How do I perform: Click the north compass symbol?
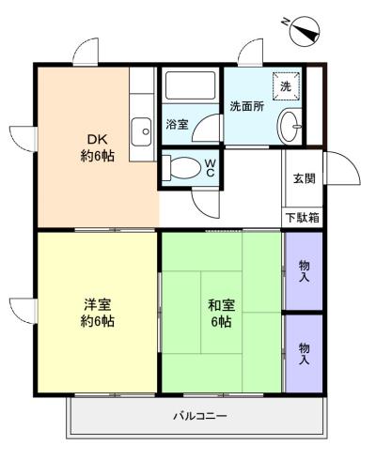(x=305, y=31)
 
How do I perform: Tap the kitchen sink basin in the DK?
(x=141, y=131)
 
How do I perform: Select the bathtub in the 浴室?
(x=190, y=86)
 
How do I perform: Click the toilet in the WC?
(x=181, y=168)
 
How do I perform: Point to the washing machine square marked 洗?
(x=286, y=86)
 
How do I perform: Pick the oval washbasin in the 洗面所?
(x=290, y=127)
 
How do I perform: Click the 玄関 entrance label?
(x=304, y=178)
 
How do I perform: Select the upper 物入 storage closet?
(x=304, y=271)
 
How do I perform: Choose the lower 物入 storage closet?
(x=304, y=354)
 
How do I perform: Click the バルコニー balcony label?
(x=200, y=416)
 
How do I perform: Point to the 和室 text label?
(x=222, y=305)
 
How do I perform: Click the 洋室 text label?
(x=98, y=304)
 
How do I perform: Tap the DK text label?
(x=97, y=139)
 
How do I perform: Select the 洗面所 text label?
(x=247, y=107)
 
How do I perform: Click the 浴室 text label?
(x=177, y=125)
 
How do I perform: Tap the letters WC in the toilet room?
(x=210, y=168)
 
